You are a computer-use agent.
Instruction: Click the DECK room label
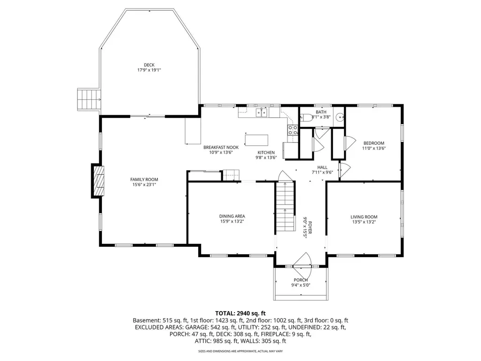click(149, 65)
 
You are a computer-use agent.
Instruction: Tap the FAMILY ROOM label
click(144, 180)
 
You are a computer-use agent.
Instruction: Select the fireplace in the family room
click(98, 181)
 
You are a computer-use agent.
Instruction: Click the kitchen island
click(256, 140)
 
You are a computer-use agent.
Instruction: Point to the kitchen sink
click(262, 113)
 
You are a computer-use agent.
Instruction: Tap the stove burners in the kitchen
click(293, 130)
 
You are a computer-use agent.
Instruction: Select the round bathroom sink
click(340, 117)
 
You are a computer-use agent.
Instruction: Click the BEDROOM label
click(373, 143)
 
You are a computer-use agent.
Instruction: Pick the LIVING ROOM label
click(364, 217)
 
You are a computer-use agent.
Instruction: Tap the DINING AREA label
click(232, 216)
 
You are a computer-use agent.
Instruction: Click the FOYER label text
click(310, 228)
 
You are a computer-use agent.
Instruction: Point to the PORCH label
click(301, 280)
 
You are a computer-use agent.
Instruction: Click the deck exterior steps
click(89, 100)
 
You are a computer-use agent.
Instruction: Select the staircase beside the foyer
click(285, 207)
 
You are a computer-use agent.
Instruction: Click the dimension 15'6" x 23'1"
click(144, 185)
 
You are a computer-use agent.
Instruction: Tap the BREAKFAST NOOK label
click(221, 147)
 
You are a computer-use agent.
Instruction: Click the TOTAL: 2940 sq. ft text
click(240, 314)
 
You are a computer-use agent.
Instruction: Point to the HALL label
click(322, 167)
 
